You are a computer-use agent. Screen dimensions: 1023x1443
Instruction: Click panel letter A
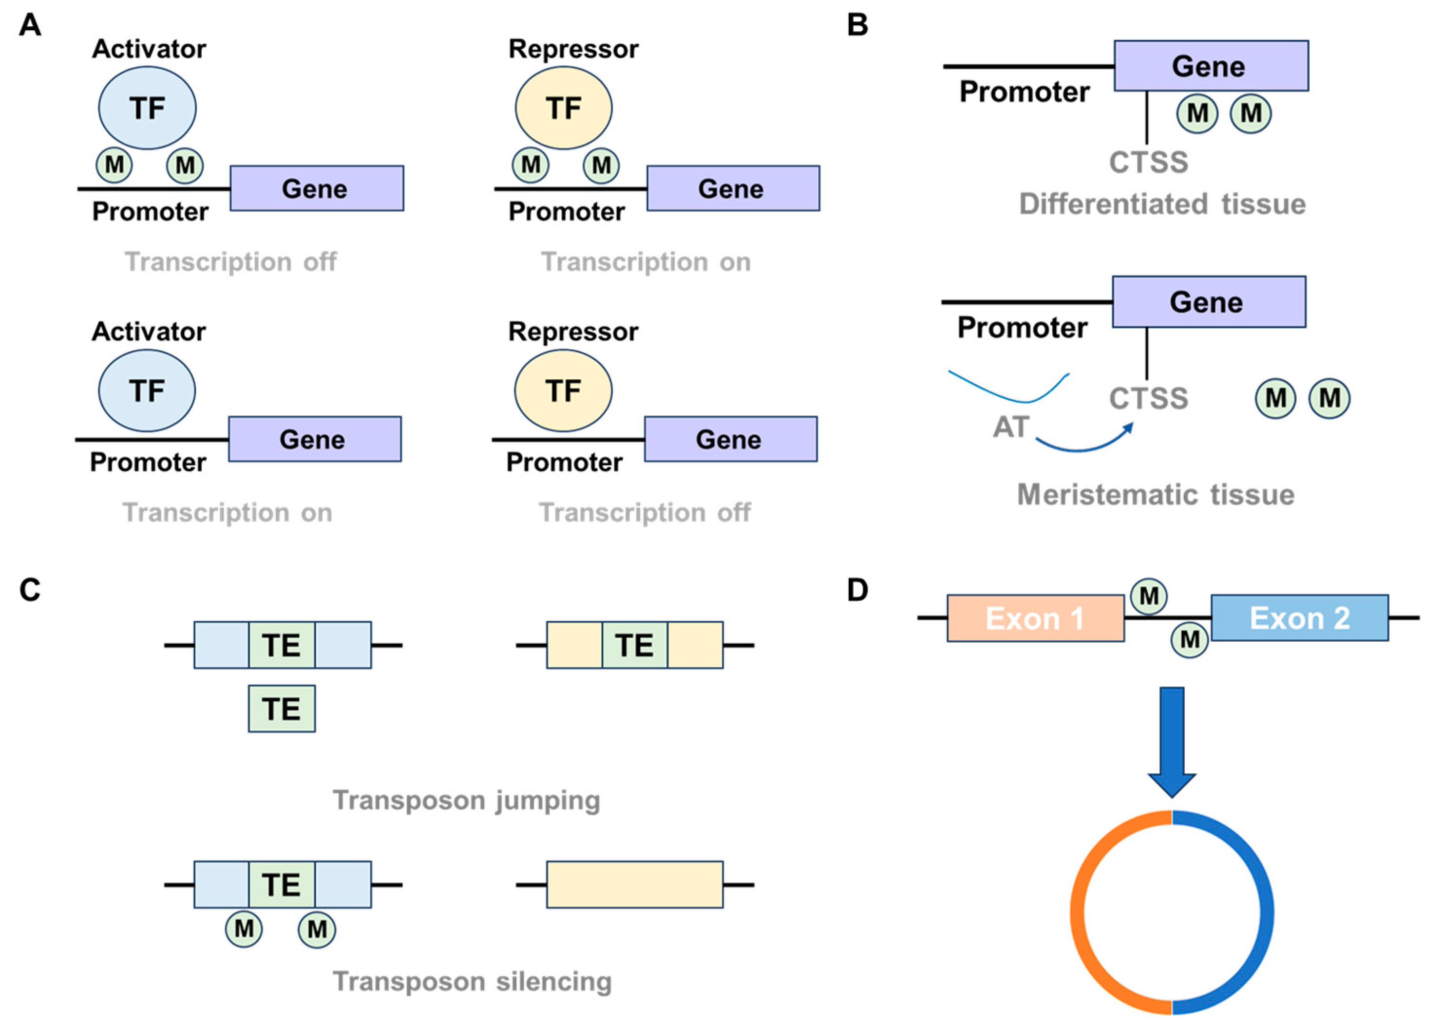pos(30,26)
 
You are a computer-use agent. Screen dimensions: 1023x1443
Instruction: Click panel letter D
pos(857,590)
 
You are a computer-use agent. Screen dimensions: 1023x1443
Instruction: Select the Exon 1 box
pos(1035,618)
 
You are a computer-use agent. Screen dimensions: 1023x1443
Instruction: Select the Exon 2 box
pos(1299,618)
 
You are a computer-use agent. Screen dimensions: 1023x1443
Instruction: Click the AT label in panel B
pos(1011,427)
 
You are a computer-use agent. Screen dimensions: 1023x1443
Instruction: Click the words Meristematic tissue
pos(1156,495)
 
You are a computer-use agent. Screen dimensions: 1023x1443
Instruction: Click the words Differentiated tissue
pos(1162,204)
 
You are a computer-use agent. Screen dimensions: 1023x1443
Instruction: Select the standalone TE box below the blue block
pos(282,708)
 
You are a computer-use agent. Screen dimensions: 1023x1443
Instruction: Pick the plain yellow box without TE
pos(635,884)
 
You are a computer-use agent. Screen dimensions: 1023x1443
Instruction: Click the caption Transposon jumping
pos(466,800)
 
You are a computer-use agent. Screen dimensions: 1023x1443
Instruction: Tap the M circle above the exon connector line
pos(1149,596)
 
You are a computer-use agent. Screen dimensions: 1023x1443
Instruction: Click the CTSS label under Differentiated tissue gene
pos(1148,163)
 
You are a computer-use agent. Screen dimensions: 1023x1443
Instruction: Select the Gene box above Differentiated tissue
pos(1211,66)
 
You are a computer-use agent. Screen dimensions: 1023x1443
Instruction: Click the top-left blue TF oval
pos(147,108)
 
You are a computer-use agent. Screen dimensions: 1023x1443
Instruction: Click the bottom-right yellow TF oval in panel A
pos(563,391)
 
